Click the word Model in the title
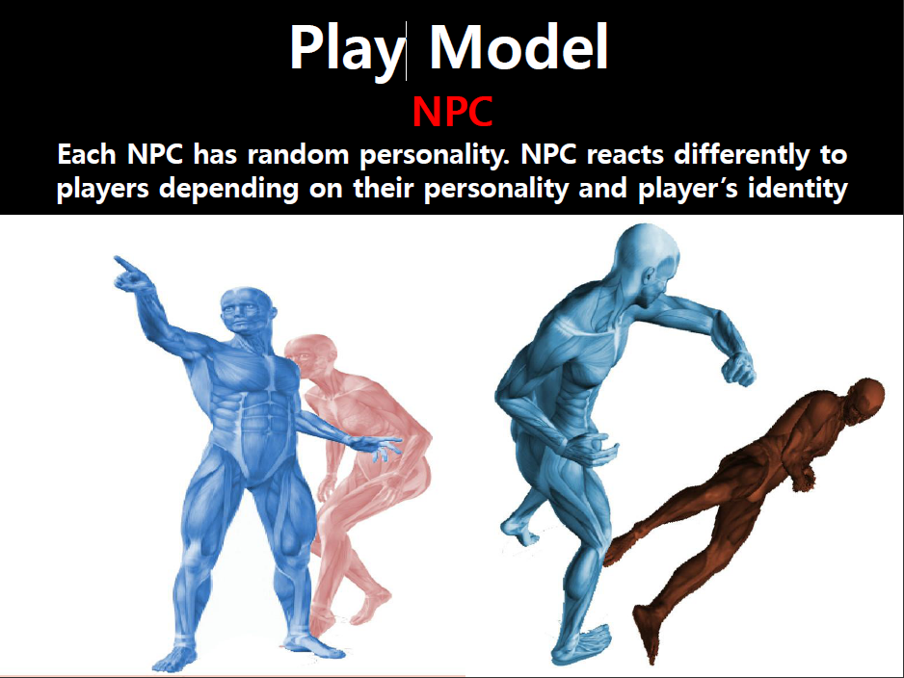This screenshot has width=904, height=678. [518, 47]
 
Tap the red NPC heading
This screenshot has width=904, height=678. [453, 112]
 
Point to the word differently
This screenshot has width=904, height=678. [741, 155]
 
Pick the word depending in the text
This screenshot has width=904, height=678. [228, 189]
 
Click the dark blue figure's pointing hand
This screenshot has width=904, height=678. [131, 274]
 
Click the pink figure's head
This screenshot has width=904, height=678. [311, 352]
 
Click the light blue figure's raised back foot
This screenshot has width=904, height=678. [520, 530]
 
